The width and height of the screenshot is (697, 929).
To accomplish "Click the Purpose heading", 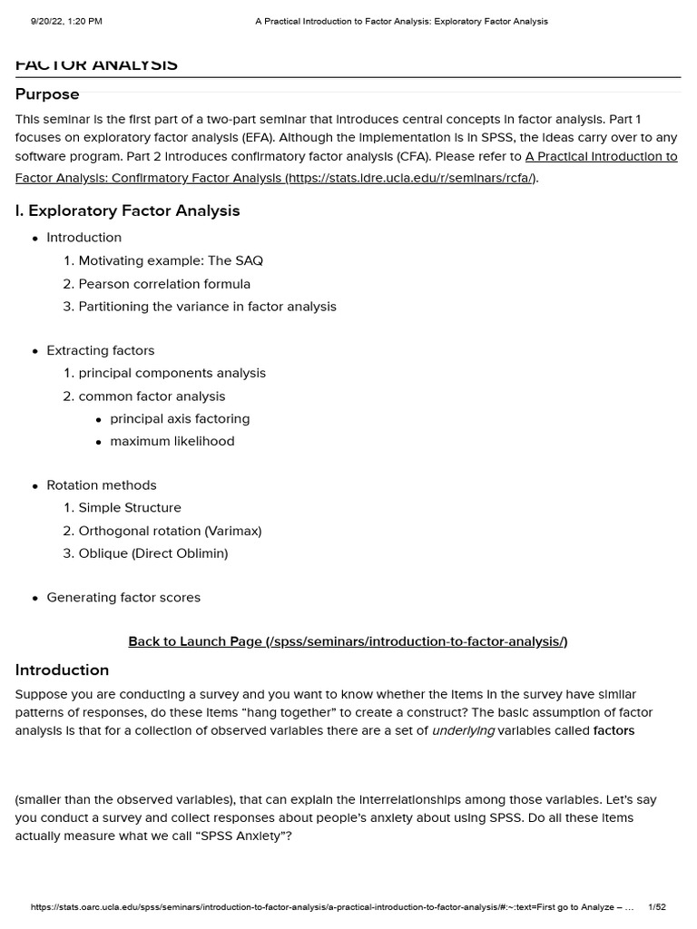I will pos(47,94).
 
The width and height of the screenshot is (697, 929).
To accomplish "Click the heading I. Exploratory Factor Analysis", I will pos(127,210).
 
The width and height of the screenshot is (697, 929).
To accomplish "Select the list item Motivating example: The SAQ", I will pos(171,260).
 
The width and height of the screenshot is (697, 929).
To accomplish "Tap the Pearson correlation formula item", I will pos(164,284).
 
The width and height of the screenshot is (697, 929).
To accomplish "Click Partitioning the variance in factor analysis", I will pos(207,307).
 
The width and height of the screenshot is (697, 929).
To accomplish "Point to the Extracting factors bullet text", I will pos(101,350).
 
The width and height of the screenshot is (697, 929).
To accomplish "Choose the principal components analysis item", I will pos(172,373).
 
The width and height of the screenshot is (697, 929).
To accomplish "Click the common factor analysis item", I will pos(152,396).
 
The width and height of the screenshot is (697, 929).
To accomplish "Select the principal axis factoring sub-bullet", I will pos(180,419).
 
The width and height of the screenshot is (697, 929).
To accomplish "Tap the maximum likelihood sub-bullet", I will pos(172,442).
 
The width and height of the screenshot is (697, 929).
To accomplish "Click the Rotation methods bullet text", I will pos(102,485).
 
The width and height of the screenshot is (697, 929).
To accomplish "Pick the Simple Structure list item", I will pos(130,508).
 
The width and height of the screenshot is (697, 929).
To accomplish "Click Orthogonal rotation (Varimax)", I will pos(170,531).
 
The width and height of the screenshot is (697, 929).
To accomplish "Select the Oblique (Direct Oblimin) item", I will pos(153,553).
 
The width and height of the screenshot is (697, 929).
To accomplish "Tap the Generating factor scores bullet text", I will pos(123,598).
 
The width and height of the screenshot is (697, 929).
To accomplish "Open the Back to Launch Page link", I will pos(348,641).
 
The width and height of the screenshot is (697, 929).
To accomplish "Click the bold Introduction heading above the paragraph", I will pos(62,670).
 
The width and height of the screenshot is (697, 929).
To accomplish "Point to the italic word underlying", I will pos(463,731).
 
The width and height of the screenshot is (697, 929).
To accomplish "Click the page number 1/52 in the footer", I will pos(657,907).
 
